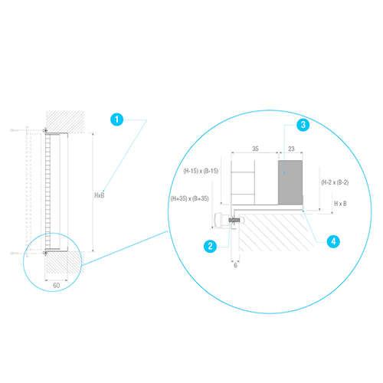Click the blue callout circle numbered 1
tap(116, 119)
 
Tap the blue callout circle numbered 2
tap(210, 246)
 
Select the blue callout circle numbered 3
tap(303, 125)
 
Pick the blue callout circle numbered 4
tap(333, 241)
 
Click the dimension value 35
tap(255, 149)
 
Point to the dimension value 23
tap(291, 149)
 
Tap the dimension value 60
tap(57, 285)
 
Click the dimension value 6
tap(235, 266)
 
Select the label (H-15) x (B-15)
tap(201, 171)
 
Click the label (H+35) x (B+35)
tap(190, 198)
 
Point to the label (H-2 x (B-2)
tap(335, 182)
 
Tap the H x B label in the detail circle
tap(340, 204)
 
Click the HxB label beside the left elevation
tap(100, 195)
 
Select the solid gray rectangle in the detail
tap(290, 182)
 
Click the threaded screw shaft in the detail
tap(234, 220)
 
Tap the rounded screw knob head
tap(220, 220)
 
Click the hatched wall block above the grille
tap(65, 122)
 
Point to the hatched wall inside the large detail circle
tap(276, 232)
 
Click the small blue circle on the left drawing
tap(53, 262)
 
